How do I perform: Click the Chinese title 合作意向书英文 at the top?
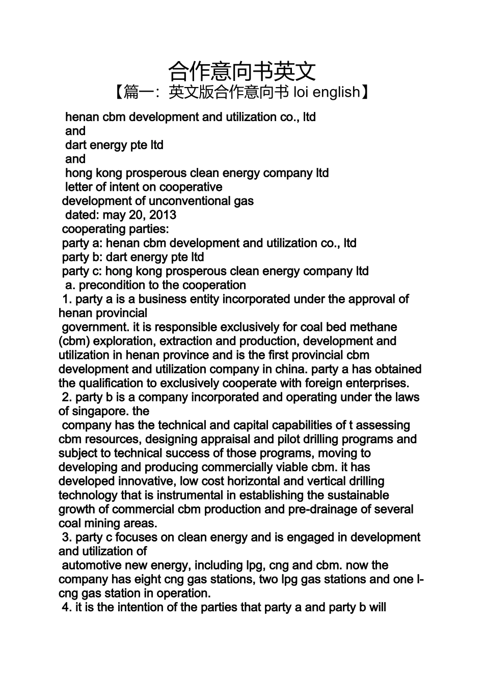242,71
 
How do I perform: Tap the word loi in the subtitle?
300,92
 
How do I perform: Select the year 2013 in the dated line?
163,215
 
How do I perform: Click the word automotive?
90,565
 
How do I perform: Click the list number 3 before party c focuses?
66,537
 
